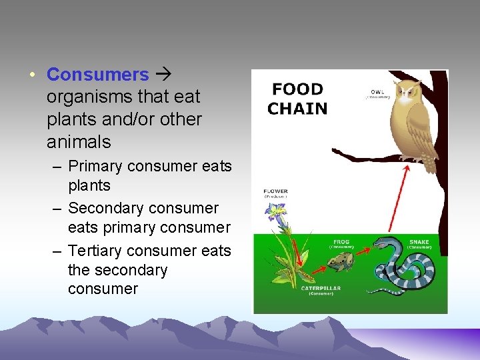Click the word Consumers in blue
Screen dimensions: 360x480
[98, 74]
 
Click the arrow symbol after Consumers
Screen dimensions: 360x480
[161, 74]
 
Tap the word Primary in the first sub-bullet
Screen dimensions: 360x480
[98, 166]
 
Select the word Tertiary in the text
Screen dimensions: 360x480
[99, 251]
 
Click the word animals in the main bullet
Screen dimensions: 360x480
[79, 143]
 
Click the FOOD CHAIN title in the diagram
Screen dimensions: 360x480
[297, 99]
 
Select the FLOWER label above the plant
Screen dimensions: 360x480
[275, 191]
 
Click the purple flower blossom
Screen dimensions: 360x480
[275, 213]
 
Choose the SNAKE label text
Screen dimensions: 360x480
[420, 241]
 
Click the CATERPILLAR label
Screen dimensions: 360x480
[321, 289]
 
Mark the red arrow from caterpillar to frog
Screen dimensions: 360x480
[318, 268]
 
